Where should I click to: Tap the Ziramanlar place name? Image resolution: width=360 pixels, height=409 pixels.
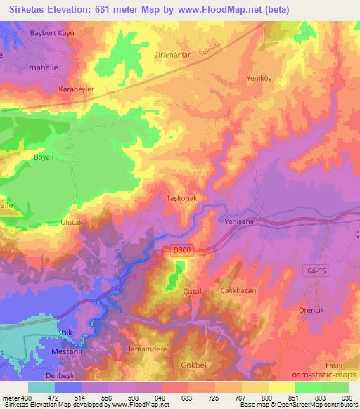coord(163,53)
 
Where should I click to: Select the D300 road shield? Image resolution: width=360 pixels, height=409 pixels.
coord(181,249)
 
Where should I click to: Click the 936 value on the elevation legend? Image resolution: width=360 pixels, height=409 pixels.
coord(345,398)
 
